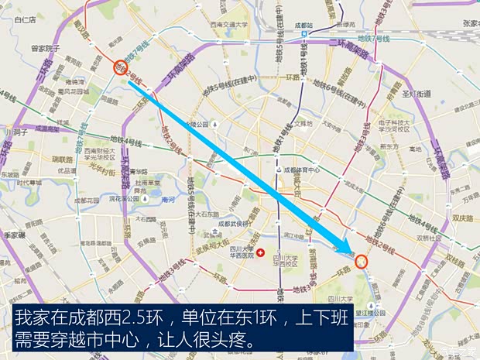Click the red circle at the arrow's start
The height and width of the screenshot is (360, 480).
click(x=119, y=67)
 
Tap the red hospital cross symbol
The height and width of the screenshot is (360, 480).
click(x=260, y=253)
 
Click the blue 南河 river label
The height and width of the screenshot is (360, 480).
click(x=169, y=199)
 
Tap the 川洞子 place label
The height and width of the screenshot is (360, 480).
click(x=16, y=132)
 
